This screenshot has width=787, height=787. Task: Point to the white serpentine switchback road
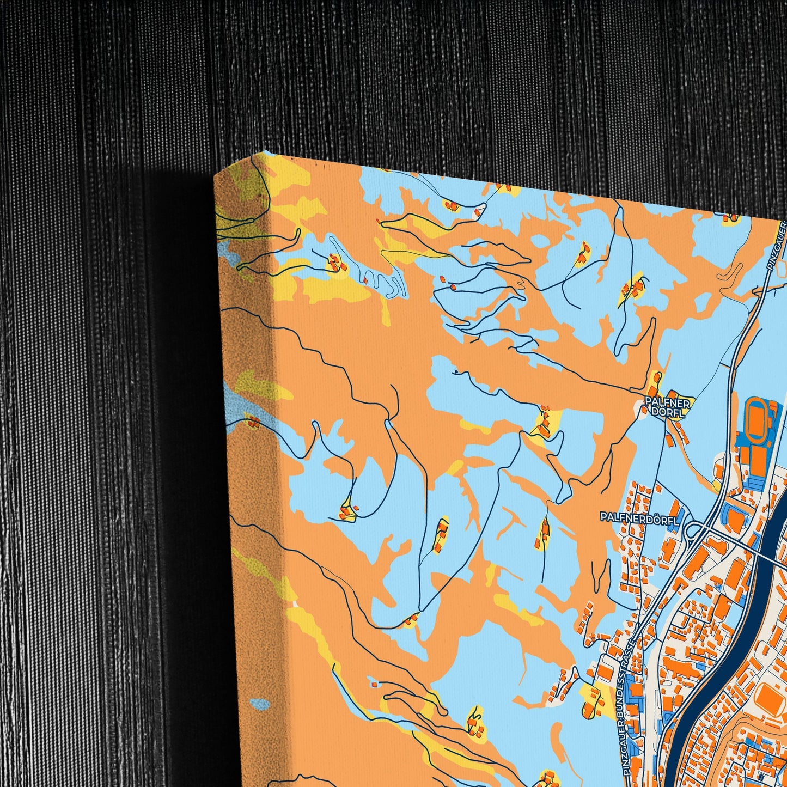point(389,283)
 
